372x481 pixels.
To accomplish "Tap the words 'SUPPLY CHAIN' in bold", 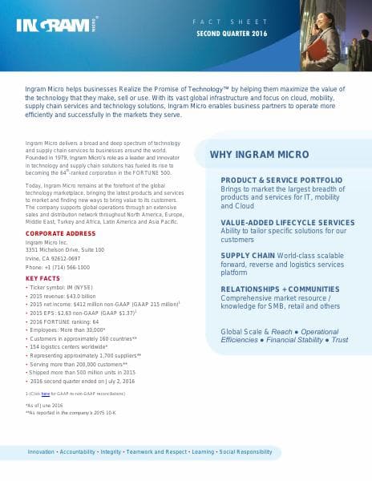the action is click(246, 255).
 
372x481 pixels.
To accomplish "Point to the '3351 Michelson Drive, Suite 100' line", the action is click(65, 249).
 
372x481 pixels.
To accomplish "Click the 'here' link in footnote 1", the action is click(46, 394).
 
